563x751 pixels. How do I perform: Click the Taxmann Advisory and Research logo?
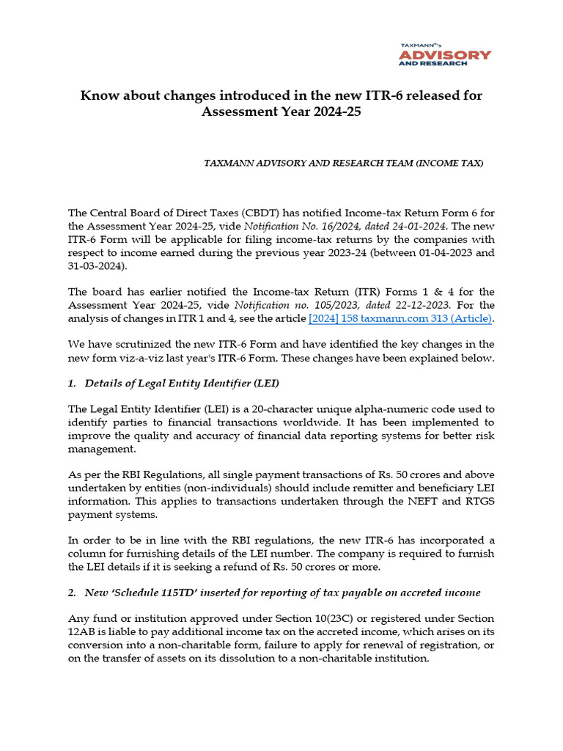point(444,54)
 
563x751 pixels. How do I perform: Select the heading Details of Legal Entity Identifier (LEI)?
point(182,384)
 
